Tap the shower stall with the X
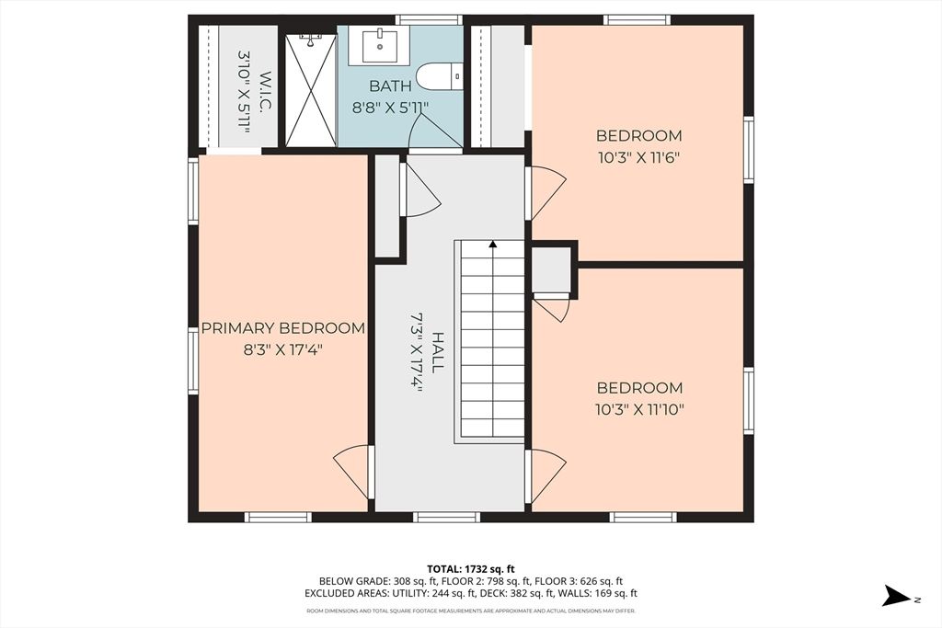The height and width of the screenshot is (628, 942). pos(311,90)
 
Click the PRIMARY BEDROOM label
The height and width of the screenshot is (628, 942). pos(283,328)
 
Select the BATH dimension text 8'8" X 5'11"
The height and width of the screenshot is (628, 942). pos(390,108)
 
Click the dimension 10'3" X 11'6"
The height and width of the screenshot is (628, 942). pos(638,158)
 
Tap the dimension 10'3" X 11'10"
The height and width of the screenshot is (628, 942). pos(640,409)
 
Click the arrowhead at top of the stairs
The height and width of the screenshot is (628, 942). pos(493,244)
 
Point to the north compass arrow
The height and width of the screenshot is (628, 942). pos(897,596)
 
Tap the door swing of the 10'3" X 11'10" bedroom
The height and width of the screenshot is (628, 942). pos(546,476)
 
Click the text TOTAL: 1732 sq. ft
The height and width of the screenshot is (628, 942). pos(471,568)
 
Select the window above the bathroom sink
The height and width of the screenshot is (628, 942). pos(429,20)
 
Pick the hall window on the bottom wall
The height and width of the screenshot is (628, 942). pos(446,517)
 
